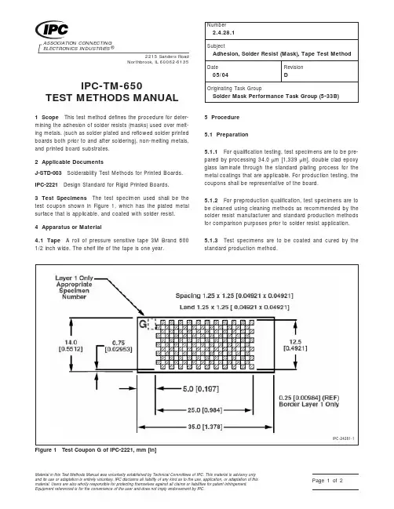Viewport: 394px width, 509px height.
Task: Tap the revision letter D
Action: (x=292, y=77)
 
